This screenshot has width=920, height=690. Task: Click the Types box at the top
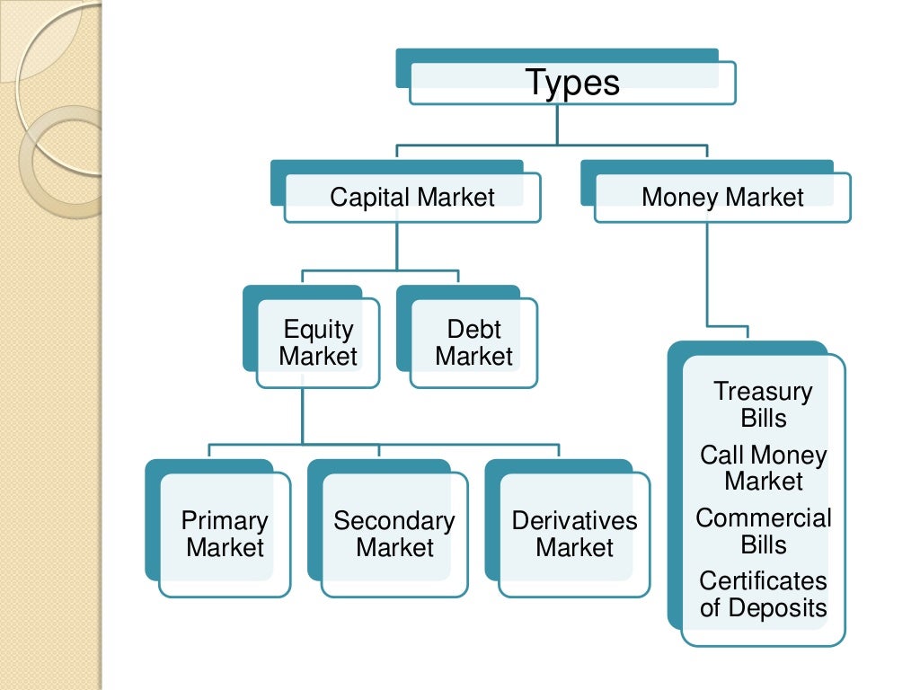tap(572, 83)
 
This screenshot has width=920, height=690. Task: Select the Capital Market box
tap(412, 198)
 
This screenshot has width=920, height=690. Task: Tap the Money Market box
tap(722, 198)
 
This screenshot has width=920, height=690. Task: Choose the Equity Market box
tap(318, 343)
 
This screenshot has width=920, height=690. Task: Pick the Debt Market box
tap(473, 343)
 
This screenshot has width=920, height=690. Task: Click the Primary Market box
tap(225, 535)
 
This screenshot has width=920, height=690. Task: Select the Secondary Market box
tap(394, 535)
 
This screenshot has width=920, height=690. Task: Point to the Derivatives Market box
tap(574, 535)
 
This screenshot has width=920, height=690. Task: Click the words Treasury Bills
tap(764, 405)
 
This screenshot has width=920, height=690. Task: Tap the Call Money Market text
tap(764, 468)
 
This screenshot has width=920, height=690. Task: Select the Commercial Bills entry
tap(764, 532)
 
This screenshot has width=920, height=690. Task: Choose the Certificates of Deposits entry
tap(764, 595)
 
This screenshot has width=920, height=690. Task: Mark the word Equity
tap(318, 330)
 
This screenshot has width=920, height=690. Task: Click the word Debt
tap(473, 330)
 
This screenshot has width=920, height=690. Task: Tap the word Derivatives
tap(574, 521)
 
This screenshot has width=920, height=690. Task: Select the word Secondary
tap(394, 521)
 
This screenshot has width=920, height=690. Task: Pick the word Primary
tap(225, 521)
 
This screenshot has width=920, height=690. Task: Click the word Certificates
tap(764, 581)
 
